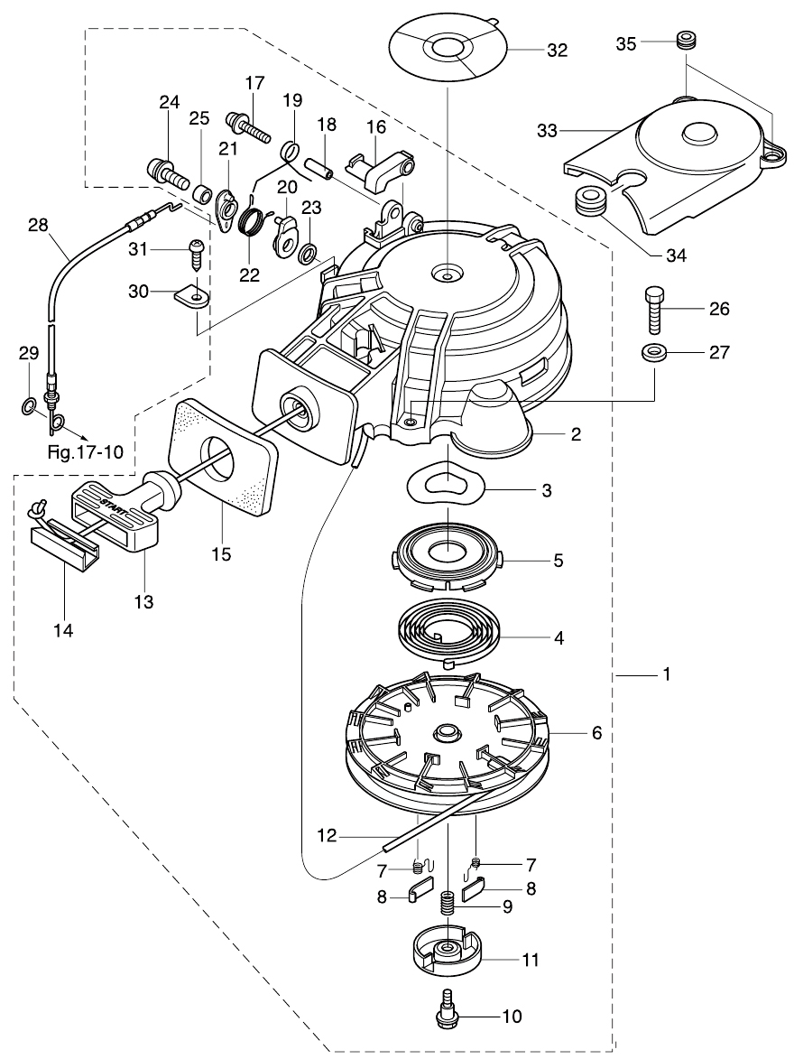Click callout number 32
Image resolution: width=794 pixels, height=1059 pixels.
pos(557,51)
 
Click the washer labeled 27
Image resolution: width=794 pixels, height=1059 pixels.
pos(656,351)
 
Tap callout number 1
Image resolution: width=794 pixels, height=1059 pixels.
pos(667,674)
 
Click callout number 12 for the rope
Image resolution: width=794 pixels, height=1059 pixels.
pos(327,837)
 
